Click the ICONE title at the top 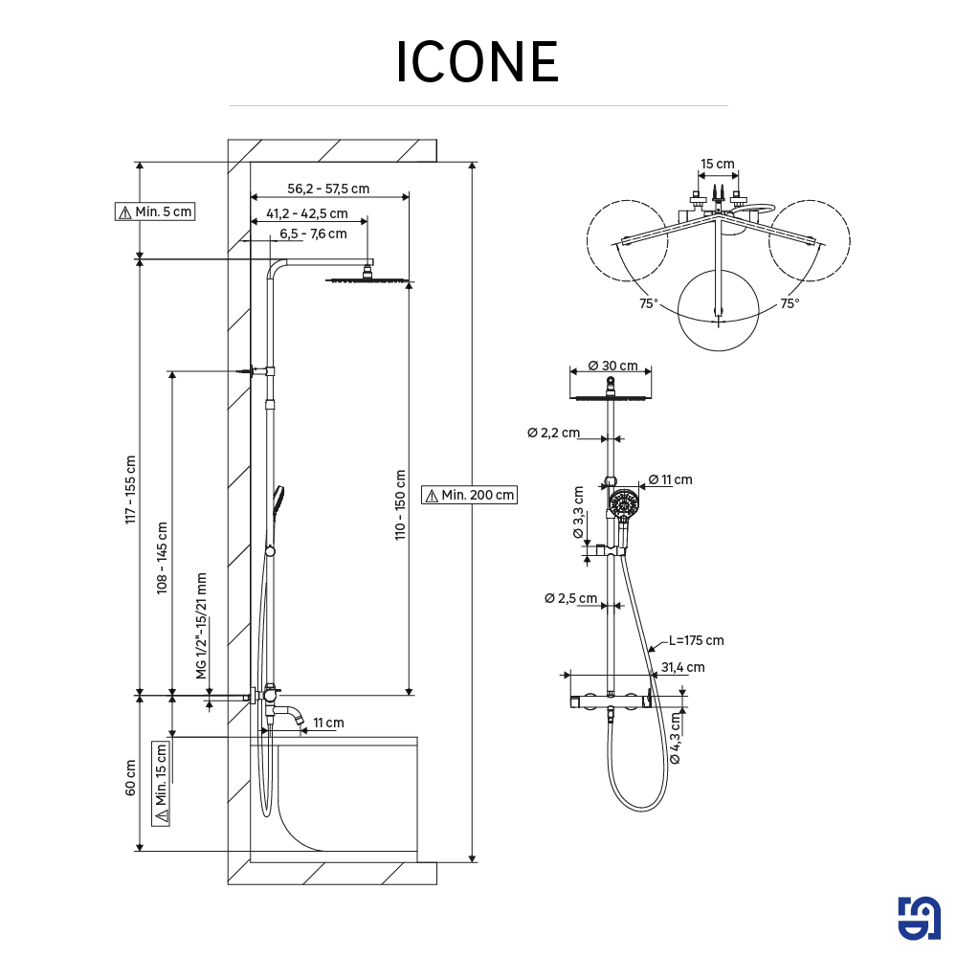[x=478, y=63]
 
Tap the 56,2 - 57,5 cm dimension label [x=328, y=189]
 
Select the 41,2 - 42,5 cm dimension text [x=307, y=213]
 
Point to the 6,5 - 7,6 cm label [x=313, y=234]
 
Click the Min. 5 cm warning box [x=154, y=211]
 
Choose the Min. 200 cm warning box [x=469, y=495]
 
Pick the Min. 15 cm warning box [x=161, y=783]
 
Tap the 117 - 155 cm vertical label [x=131, y=488]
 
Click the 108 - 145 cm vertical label [x=162, y=558]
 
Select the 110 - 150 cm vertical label [x=400, y=504]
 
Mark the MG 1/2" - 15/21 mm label [x=202, y=626]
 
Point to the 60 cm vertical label [x=131, y=777]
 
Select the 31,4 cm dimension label [x=683, y=667]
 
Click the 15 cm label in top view [x=718, y=164]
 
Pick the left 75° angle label [x=649, y=303]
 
